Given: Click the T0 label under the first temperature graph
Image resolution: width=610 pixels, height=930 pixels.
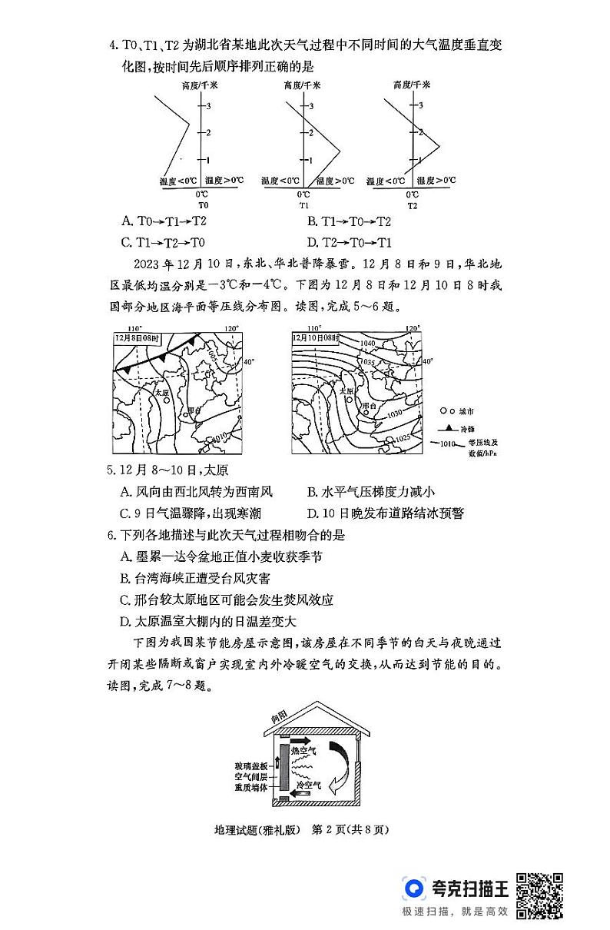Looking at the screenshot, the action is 202,205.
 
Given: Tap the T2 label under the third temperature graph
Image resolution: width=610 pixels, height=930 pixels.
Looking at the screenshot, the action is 413,205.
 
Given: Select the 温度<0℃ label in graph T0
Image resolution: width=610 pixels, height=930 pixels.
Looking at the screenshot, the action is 177,181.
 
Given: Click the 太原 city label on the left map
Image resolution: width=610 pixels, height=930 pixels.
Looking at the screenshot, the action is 161,392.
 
